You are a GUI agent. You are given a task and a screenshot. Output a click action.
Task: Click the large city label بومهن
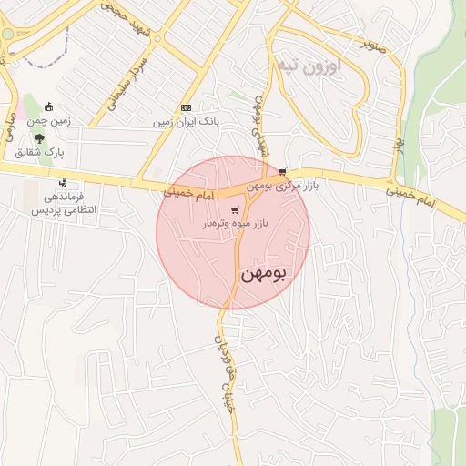(x=264, y=273)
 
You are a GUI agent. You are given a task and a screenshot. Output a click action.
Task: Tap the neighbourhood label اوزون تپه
(x=308, y=66)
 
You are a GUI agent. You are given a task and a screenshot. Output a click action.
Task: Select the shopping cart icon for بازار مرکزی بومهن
(x=282, y=171)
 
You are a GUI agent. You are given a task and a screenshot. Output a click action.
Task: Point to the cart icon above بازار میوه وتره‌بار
(x=235, y=209)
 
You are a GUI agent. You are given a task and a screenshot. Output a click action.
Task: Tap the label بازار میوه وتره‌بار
(x=235, y=223)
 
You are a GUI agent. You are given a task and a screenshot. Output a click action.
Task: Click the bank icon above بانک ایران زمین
(x=187, y=107)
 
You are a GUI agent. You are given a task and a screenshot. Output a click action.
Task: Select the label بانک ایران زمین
(x=187, y=121)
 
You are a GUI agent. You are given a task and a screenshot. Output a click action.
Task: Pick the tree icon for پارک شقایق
(x=40, y=139)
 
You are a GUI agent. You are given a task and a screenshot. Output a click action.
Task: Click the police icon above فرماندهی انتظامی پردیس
(x=62, y=182)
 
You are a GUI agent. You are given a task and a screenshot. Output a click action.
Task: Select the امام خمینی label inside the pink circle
(x=188, y=194)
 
